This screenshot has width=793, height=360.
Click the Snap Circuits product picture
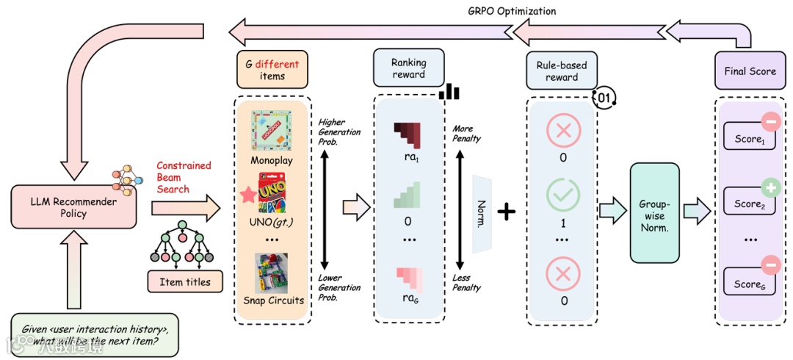coord(271,272)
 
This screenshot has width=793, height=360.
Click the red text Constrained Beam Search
coord(184,177)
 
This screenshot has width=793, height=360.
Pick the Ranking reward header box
coord(408,68)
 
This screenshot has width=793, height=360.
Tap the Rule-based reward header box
coord(561,71)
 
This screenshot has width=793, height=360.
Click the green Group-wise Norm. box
coord(653,212)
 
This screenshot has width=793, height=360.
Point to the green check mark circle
coord(562,194)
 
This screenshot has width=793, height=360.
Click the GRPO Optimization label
coord(512,11)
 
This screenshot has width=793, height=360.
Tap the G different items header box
coord(272,69)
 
